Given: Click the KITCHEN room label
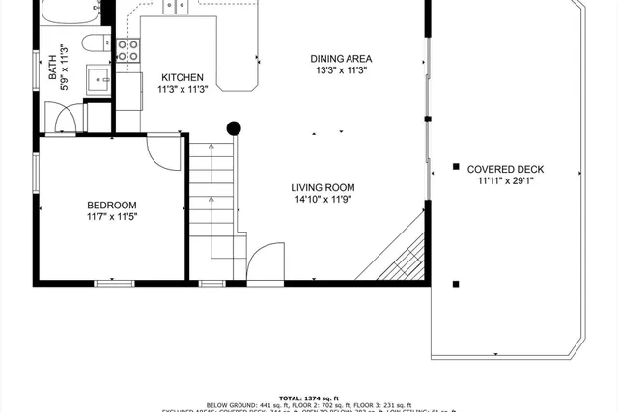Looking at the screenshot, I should click(x=182, y=77).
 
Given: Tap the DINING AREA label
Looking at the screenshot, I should click(x=341, y=58).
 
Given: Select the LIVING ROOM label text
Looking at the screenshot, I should click(x=323, y=188).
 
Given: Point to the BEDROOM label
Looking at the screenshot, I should click(x=112, y=205).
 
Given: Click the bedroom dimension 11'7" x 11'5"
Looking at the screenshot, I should click(x=112, y=218).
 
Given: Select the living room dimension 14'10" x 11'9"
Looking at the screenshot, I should click(x=323, y=201).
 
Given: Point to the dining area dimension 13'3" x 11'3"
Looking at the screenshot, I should click(x=341, y=70).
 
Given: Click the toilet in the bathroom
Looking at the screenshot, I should click(x=95, y=44).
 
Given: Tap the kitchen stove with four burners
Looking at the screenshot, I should click(x=127, y=49).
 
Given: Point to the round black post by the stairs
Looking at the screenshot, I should click(x=233, y=126).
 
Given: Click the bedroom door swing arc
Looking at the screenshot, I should click(x=164, y=152).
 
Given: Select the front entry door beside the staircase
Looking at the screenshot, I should click(x=265, y=262).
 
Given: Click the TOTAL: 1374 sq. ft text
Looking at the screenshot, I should click(x=309, y=398).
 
